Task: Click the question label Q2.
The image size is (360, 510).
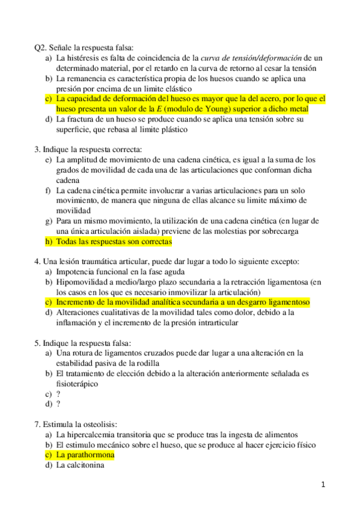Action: coord(41,48)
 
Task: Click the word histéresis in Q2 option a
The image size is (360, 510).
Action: coord(82,58)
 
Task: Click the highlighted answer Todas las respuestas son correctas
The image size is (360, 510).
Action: coord(114,242)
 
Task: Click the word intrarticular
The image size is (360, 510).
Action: coord(212,323)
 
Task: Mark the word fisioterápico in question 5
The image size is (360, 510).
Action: coord(77,384)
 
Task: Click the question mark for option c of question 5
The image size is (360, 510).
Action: coord(58,394)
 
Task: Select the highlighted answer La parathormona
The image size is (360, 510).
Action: coord(85,455)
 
